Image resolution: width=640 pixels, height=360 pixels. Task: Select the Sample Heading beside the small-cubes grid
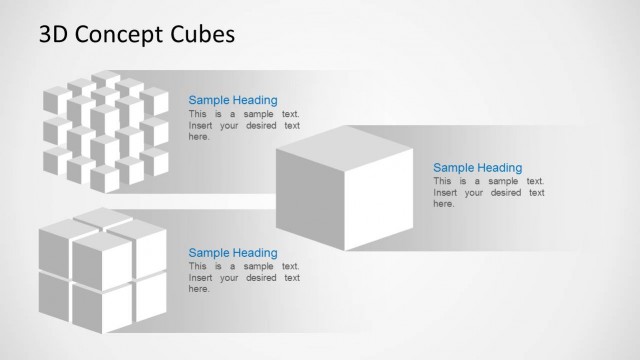point(233,100)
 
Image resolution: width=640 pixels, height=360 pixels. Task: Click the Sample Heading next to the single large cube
point(477,167)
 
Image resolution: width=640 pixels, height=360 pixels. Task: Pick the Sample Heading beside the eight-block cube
point(233,253)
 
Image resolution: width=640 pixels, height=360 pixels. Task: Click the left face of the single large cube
point(311,196)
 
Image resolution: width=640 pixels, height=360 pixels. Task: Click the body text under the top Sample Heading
point(244,125)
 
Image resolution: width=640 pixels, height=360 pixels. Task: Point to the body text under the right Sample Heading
point(488,192)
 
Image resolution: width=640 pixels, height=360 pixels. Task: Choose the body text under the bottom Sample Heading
point(244,278)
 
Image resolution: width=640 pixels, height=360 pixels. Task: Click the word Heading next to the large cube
point(499,167)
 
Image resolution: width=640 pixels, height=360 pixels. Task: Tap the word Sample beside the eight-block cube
point(210,253)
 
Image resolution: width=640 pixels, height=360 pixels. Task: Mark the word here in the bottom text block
point(199,289)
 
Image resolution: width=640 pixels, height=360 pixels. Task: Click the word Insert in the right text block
point(446,192)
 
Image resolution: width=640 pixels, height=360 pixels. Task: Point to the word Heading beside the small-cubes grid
point(255,100)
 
